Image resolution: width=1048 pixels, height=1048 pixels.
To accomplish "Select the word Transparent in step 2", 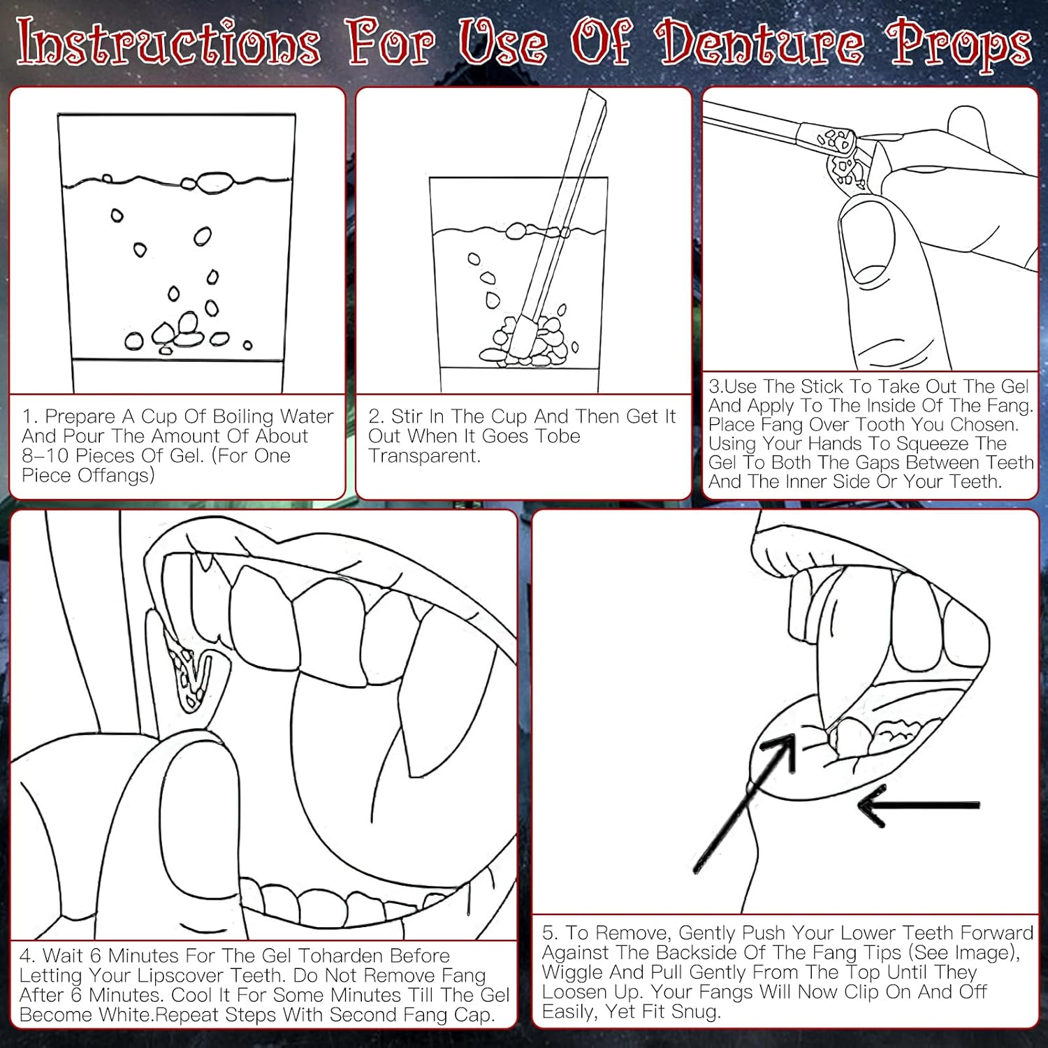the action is click(x=424, y=456).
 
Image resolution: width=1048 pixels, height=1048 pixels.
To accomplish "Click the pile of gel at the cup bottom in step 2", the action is click(x=525, y=342).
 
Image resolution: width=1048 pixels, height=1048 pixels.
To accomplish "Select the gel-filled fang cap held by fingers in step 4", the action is click(x=192, y=671).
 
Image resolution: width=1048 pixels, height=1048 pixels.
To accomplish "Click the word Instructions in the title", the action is click(x=168, y=43).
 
